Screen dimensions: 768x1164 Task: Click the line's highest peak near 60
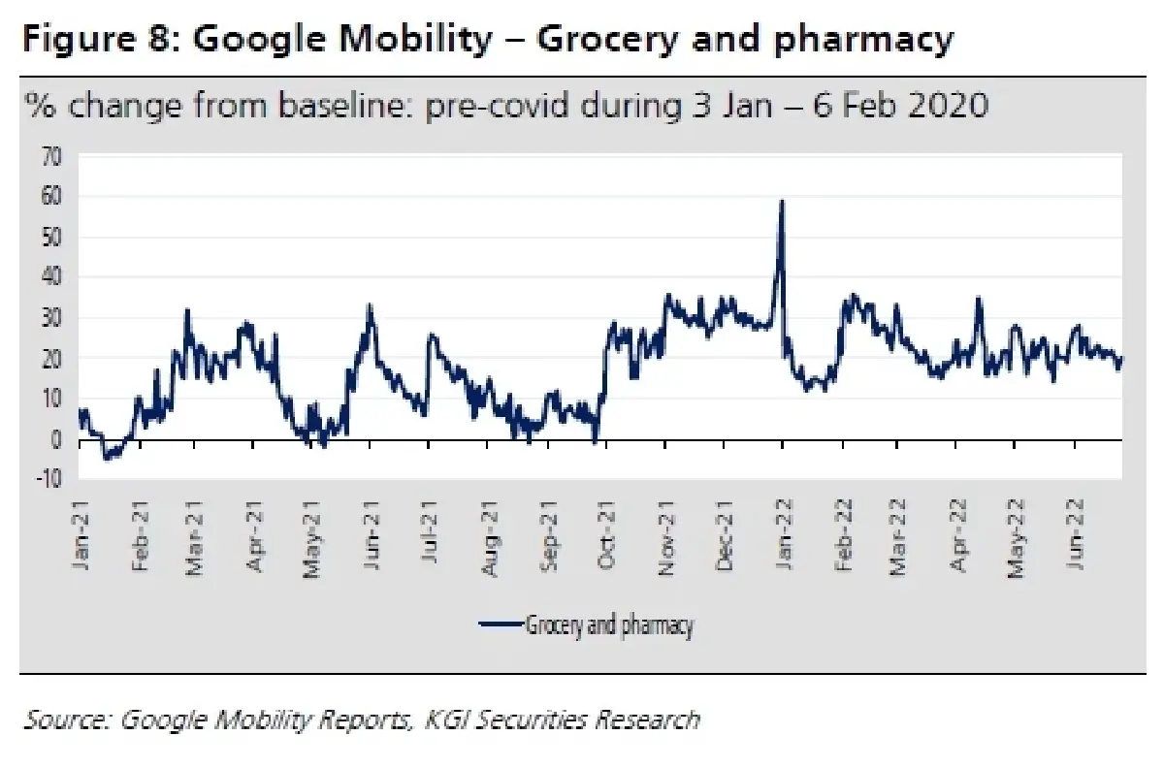click(x=782, y=201)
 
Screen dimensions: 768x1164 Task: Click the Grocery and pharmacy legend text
click(x=609, y=624)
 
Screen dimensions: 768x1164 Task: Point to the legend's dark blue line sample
click(x=500, y=625)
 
